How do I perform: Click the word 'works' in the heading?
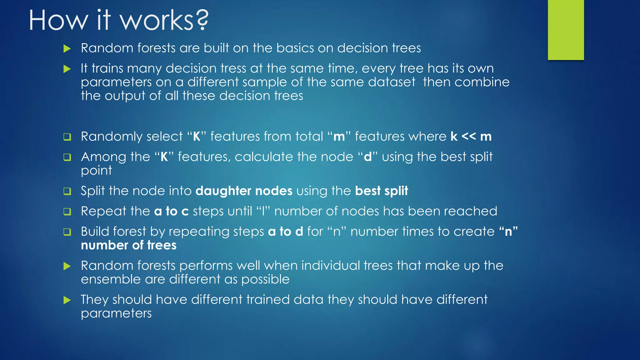click(x=157, y=20)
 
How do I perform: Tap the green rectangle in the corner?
click(x=566, y=30)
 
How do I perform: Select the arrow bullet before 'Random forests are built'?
click(x=67, y=48)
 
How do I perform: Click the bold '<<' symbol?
click(x=469, y=137)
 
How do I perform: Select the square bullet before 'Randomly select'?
click(x=67, y=137)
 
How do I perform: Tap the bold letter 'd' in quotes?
click(x=368, y=157)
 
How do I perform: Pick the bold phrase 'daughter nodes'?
click(x=244, y=191)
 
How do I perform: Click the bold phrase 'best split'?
click(x=382, y=191)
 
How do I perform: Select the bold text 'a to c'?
click(x=172, y=212)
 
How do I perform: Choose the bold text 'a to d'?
click(x=286, y=232)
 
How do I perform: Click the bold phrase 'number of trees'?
click(x=129, y=246)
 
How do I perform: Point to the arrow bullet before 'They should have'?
click(x=67, y=300)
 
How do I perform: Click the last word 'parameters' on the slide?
click(x=116, y=313)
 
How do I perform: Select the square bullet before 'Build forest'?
click(x=67, y=232)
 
